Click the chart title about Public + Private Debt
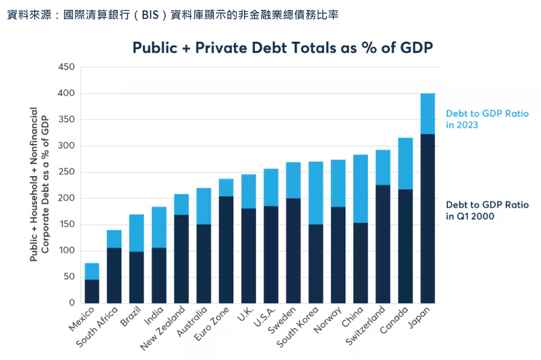pyautogui.click(x=283, y=48)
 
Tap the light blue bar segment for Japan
pyautogui.click(x=427, y=114)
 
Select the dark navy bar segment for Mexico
pyautogui.click(x=92, y=291)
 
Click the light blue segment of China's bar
pyautogui.click(x=361, y=189)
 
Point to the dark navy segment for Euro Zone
pyautogui.click(x=226, y=250)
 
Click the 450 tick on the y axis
pyautogui.click(x=66, y=67)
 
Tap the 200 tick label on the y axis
pyautogui.click(x=66, y=198)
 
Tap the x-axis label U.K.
pyautogui.click(x=243, y=314)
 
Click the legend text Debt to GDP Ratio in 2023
pyautogui.click(x=487, y=119)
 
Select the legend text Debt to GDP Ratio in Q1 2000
pyautogui.click(x=487, y=210)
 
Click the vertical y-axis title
pyautogui.click(x=39, y=184)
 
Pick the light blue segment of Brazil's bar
pyautogui.click(x=136, y=233)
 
